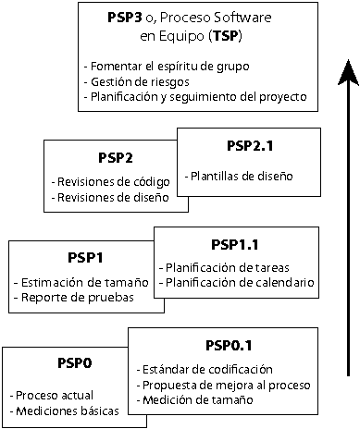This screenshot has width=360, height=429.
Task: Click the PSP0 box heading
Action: coord(60,363)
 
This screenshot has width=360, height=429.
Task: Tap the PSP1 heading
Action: coord(84,257)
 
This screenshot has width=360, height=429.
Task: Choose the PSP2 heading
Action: coord(116,157)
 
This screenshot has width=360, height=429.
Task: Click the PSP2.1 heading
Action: coord(250,146)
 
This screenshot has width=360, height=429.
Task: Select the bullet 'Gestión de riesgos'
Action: coord(132,82)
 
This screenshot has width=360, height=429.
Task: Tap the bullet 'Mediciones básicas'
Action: coord(56,410)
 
